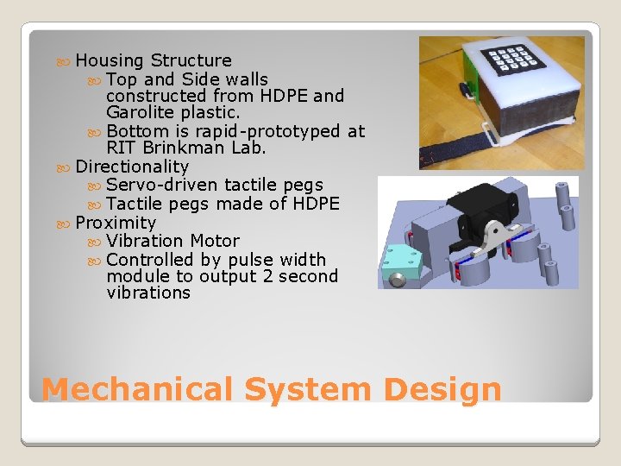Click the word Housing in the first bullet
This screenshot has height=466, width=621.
click(110, 61)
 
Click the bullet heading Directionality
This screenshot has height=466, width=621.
click(132, 167)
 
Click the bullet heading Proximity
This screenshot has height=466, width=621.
click(116, 223)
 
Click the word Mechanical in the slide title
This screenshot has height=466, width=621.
click(138, 389)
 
